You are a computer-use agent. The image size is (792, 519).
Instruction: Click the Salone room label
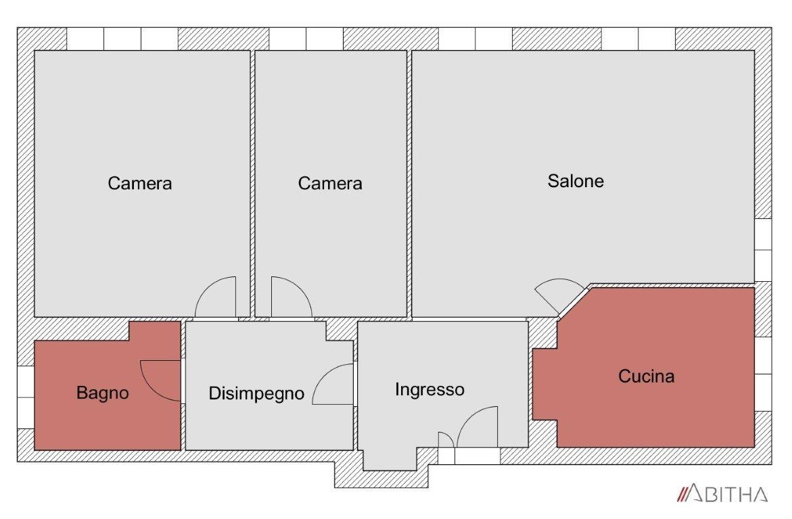576,180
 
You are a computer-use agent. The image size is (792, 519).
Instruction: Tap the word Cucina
646,376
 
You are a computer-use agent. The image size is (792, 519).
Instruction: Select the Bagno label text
103,393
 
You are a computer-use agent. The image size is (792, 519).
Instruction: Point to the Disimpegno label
256,393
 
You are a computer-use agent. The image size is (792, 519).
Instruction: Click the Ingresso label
429,389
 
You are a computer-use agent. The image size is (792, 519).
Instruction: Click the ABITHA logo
722,493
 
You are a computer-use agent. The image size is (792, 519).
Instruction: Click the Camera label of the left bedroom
139,183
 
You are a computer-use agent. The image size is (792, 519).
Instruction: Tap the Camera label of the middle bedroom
330,183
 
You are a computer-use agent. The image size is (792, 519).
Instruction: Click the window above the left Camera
122,39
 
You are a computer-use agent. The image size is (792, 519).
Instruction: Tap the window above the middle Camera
306,39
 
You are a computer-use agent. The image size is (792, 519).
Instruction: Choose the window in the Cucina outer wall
763,374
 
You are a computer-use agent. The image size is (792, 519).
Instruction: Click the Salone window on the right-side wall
763,250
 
